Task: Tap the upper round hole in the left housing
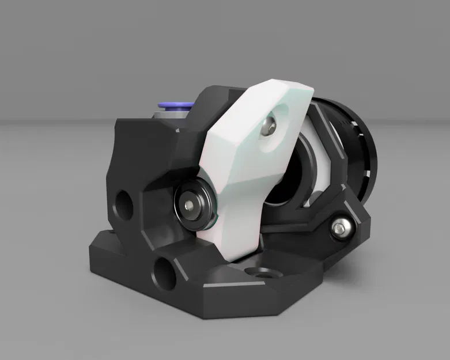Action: pos(123,203)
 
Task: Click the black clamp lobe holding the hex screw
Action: pos(346,222)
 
